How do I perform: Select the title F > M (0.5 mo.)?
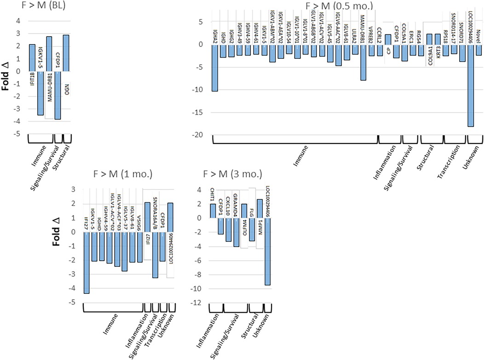pos(340,6)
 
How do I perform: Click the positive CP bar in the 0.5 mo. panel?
pos(388,40)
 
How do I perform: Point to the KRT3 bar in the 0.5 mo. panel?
pos(438,39)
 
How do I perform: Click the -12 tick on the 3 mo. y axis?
pos(200,303)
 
